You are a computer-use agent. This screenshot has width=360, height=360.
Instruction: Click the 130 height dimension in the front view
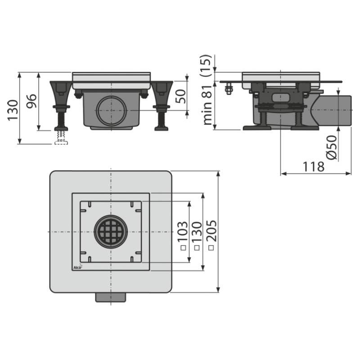pyautogui.click(x=13, y=110)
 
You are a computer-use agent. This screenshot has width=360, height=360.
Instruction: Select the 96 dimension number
pyautogui.click(x=31, y=101)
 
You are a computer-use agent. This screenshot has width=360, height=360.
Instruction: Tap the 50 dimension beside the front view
pyautogui.click(x=180, y=96)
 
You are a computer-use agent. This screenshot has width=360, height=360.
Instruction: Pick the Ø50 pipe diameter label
pyautogui.click(x=332, y=147)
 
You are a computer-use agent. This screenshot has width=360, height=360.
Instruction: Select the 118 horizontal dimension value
pyautogui.click(x=314, y=166)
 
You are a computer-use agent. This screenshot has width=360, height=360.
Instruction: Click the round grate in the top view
pyautogui.click(x=111, y=232)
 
